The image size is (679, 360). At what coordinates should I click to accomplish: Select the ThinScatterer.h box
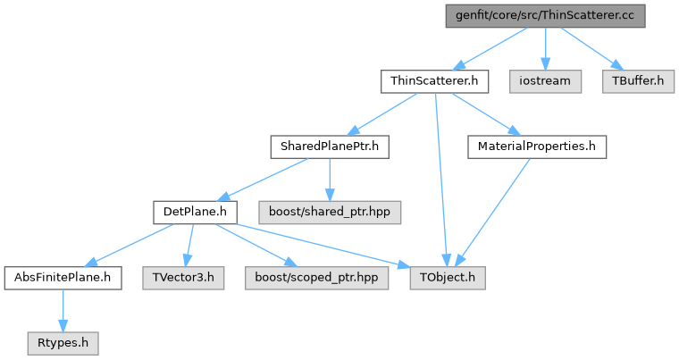(x=435, y=80)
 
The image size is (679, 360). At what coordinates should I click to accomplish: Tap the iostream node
(x=546, y=80)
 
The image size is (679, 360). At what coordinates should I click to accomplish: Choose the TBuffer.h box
(x=638, y=80)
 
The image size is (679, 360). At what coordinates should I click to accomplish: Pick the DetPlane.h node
(x=194, y=212)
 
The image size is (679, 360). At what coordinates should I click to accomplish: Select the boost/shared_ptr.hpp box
(x=330, y=212)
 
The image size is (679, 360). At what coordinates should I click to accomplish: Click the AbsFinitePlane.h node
(x=63, y=277)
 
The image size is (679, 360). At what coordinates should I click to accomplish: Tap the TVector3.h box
(x=182, y=277)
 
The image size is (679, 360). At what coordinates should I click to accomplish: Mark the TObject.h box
(x=448, y=277)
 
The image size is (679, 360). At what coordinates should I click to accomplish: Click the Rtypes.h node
(x=63, y=342)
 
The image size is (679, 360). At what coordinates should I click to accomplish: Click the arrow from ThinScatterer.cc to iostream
(x=546, y=48)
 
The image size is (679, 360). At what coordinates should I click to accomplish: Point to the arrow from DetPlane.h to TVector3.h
(x=188, y=245)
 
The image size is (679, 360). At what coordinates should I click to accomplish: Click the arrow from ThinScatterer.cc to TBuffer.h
(x=591, y=47)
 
